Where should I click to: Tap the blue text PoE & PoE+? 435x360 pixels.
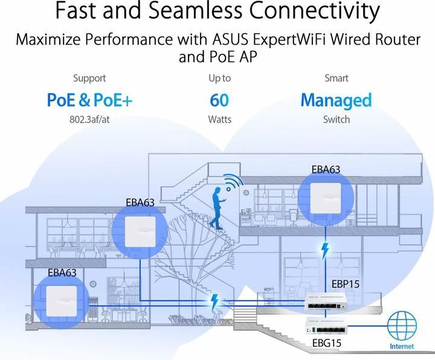point(89,100)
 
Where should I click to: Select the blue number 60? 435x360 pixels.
point(219,100)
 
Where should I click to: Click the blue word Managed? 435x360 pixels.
point(336,100)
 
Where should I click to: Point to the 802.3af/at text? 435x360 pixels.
point(89,120)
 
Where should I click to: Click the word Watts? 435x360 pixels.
point(219,120)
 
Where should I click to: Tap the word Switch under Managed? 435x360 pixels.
point(336,120)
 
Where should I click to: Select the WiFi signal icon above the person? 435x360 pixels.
point(231,184)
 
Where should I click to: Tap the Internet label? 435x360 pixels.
point(402,346)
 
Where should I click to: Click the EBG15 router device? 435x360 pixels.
point(329,326)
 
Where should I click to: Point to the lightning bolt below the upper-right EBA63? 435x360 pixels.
point(326,249)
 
